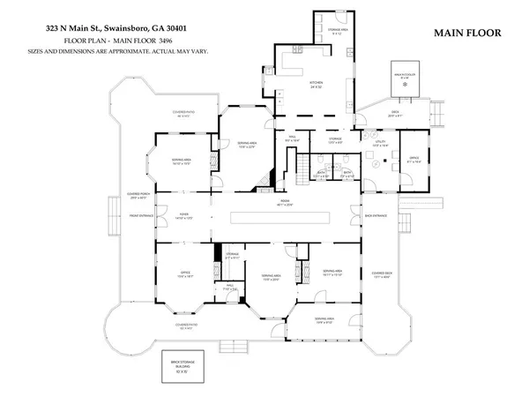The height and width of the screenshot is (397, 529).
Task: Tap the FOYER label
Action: click(x=185, y=214)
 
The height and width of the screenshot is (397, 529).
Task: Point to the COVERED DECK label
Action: click(x=382, y=274)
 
